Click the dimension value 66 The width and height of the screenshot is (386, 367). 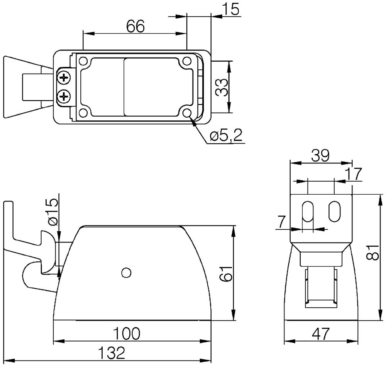coord(135,26)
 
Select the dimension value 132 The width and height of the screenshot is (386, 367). coord(112,353)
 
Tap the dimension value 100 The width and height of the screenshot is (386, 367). coord(127,333)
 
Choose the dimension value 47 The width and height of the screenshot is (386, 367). coord(321,333)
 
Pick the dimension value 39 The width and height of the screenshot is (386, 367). coord(320,156)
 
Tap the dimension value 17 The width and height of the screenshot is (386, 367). coord(354,174)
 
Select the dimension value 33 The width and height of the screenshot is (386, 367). coord(222,87)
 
